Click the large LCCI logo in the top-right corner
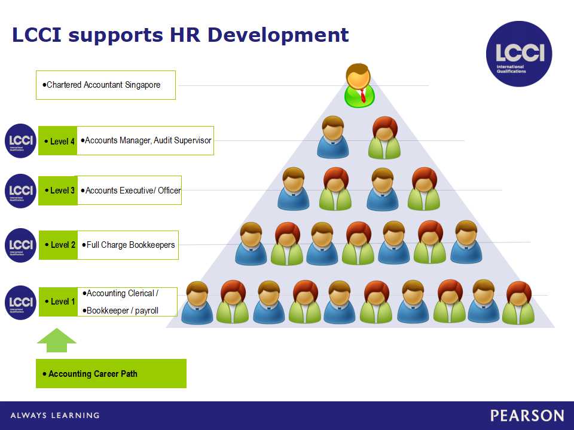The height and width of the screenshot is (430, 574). [519, 54]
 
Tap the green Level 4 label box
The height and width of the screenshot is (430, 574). [58, 141]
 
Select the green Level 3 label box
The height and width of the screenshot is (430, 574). [58, 191]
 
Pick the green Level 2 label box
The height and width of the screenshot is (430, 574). [58, 245]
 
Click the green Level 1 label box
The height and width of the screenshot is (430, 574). [58, 302]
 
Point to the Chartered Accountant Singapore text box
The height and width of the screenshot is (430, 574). [106, 85]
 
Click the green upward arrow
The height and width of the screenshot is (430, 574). [57, 340]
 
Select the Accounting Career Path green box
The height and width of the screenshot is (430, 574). [111, 373]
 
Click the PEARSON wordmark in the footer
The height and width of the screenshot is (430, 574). [527, 416]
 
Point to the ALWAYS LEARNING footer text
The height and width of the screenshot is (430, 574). [55, 416]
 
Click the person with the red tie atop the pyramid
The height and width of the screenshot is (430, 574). [359, 85]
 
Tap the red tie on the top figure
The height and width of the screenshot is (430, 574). [363, 96]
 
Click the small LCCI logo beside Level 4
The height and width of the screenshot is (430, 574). [20, 141]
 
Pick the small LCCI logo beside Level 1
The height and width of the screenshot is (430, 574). [20, 302]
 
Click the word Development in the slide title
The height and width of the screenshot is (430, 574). [278, 35]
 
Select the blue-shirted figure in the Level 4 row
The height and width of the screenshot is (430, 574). [333, 137]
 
